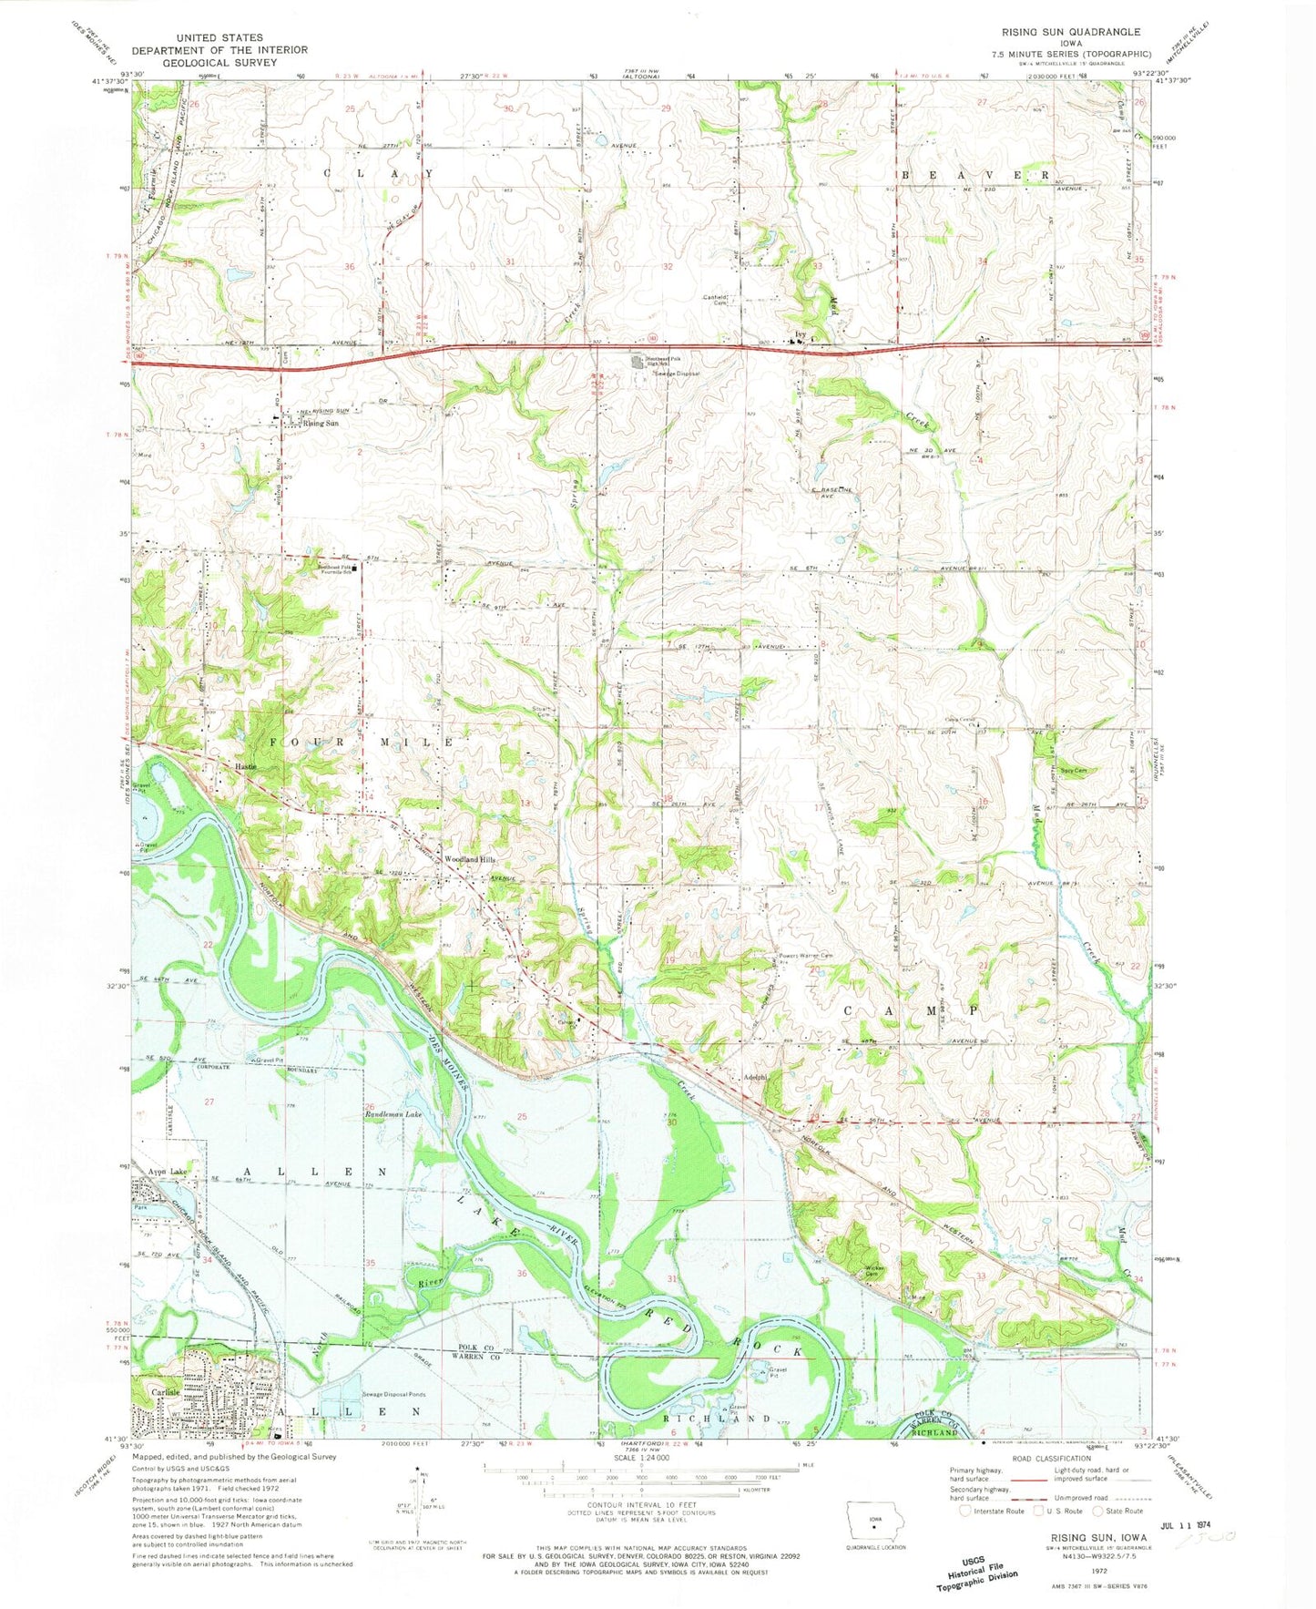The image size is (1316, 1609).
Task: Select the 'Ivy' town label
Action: point(801,334)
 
